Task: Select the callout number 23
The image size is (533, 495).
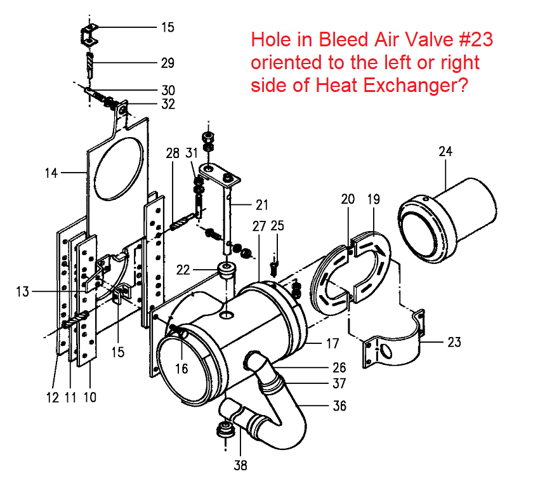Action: point(454,343)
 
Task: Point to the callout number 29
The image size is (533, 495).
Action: point(168,63)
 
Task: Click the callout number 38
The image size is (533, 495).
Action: point(240,465)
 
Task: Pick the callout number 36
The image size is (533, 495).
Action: point(339,406)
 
